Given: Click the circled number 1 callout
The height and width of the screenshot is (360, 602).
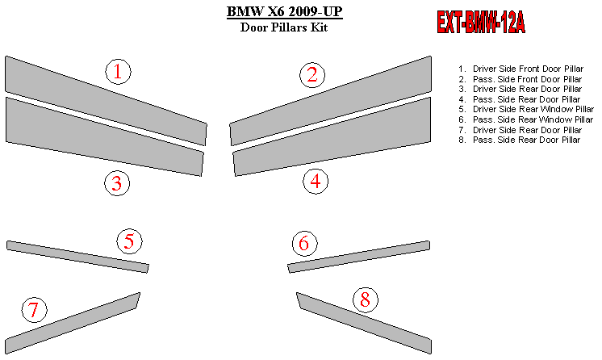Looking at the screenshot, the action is (119, 72).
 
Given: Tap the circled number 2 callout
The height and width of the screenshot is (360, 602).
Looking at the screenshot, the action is (312, 75).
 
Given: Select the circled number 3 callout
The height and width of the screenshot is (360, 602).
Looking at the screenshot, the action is (117, 183).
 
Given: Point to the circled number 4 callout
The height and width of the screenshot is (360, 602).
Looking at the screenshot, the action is (316, 182).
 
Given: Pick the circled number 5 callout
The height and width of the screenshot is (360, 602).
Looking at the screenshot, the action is (129, 241).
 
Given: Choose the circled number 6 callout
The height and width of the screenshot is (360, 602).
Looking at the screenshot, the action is (304, 244).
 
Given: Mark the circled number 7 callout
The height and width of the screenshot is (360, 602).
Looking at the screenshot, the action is (35, 310).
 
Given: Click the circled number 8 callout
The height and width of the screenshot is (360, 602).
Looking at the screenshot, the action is (365, 299).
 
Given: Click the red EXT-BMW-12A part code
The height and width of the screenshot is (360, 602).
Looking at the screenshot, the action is (481, 22).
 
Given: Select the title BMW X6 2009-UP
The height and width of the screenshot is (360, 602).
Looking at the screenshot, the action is (284, 11).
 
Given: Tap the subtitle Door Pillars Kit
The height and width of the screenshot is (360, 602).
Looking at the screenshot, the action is (284, 27).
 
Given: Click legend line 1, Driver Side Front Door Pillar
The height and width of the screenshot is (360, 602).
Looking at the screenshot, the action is (521, 69).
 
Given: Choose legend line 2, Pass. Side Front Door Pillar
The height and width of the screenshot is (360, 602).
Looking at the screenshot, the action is (520, 79).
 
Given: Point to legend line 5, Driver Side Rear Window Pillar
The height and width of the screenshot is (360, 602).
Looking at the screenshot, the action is (526, 109).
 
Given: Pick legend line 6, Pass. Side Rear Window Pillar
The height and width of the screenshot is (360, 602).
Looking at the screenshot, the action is (525, 119).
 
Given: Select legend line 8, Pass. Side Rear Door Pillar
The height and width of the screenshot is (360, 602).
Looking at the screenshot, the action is (520, 140).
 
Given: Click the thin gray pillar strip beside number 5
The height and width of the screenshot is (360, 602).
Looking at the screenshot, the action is (77, 257).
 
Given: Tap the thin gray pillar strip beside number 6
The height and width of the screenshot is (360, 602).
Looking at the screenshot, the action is (359, 257).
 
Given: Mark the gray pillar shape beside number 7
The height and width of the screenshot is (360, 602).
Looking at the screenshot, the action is (73, 323).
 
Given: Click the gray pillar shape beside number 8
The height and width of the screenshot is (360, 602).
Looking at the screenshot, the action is (364, 323).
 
